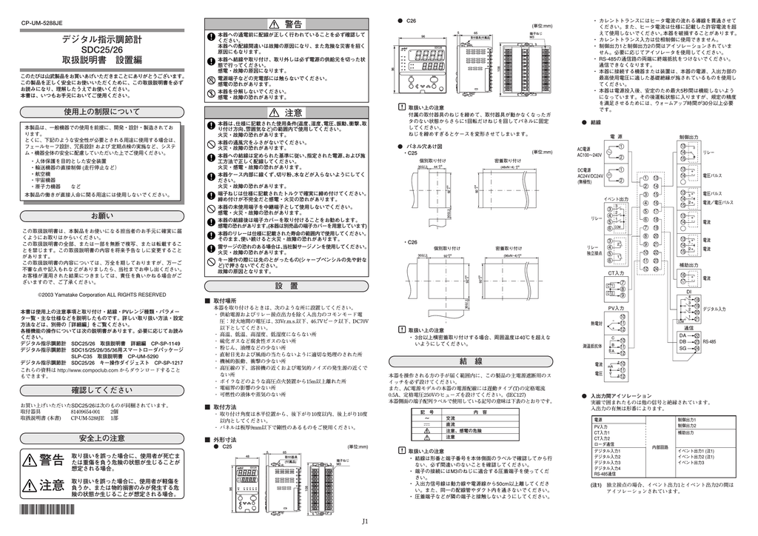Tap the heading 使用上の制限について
tap(101, 112)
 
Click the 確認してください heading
tap(102, 389)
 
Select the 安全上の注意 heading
tap(102, 438)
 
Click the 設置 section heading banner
tap(286, 286)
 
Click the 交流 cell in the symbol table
tap(451, 418)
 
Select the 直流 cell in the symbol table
tap(451, 425)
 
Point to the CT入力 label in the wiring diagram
tap(617, 273)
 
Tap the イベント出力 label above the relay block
tap(615, 199)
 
